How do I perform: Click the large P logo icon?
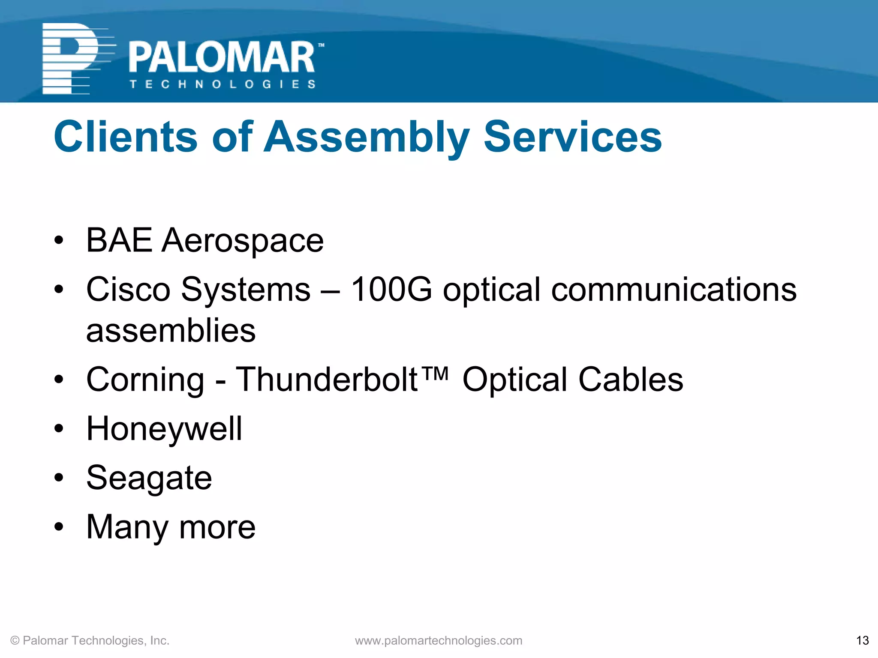click(71, 59)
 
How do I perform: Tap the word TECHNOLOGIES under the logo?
click(223, 84)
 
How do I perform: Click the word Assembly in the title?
click(367, 138)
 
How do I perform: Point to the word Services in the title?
click(573, 137)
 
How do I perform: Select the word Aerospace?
click(243, 241)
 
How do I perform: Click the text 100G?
click(391, 290)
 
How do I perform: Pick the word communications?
click(674, 290)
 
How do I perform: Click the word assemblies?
click(171, 331)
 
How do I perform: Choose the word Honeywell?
click(164, 429)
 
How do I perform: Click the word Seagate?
click(149, 478)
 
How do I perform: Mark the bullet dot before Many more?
click(59, 527)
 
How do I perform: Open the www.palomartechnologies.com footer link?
click(439, 640)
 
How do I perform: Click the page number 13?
click(862, 640)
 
